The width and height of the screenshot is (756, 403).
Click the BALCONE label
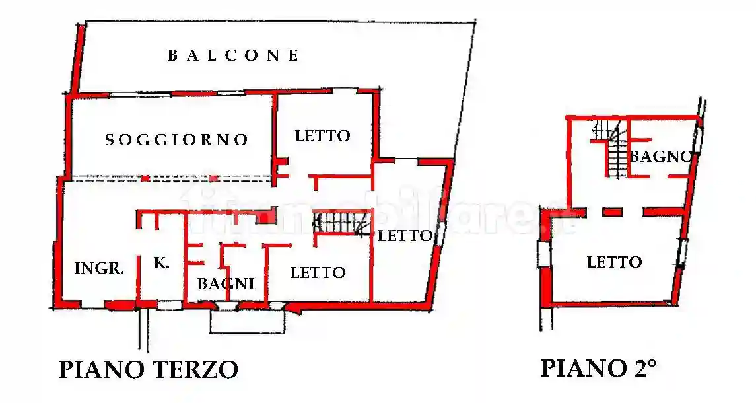coord(233,55)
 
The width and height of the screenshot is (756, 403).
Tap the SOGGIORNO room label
coord(177,140)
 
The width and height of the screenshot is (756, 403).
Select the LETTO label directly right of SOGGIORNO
coord(322,136)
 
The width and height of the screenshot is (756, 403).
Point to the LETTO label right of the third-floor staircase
coord(405,235)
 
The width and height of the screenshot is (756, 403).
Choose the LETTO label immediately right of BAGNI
coord(318,272)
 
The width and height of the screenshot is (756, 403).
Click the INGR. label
coord(99,268)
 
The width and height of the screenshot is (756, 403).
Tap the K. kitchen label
coord(161,263)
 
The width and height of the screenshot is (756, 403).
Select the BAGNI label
coord(226,284)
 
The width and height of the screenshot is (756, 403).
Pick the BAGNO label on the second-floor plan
coord(660,157)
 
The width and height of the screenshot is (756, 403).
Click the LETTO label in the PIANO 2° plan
coord(614,262)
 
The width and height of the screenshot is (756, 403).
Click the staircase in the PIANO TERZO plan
coord(340,223)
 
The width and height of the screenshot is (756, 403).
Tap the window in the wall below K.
coord(169,305)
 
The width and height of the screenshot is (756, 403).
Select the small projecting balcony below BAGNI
coord(249,320)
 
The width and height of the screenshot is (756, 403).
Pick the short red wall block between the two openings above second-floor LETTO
coord(613,212)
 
